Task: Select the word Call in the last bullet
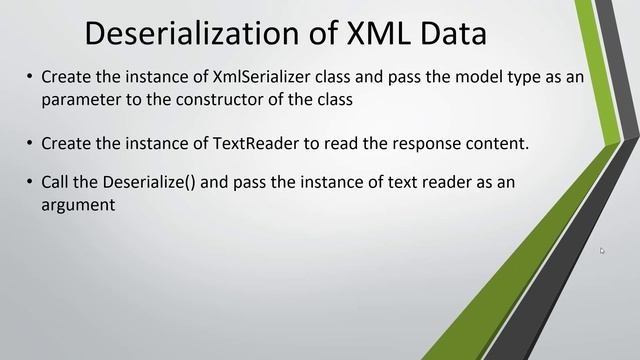point(55,184)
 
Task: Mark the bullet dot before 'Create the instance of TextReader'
point(30,144)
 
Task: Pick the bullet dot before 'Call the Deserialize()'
point(30,185)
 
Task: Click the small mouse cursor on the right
point(602,251)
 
